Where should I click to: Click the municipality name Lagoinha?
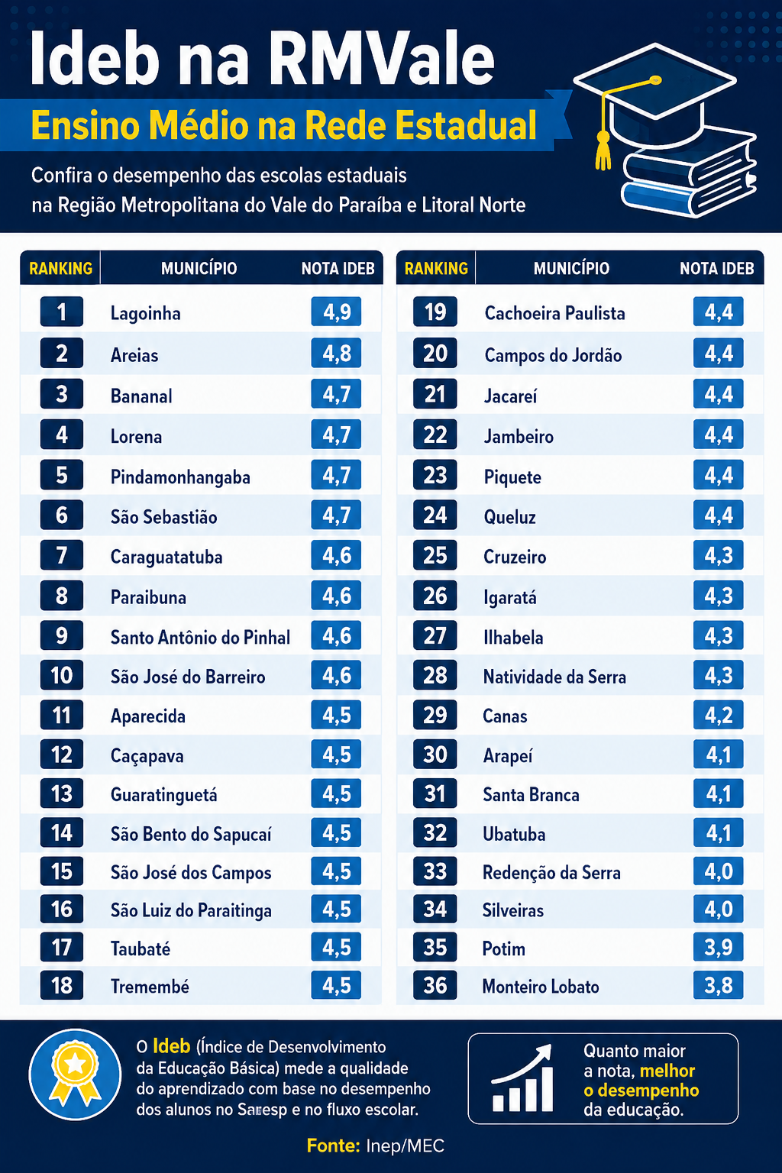pos(146,313)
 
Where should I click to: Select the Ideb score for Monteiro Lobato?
pos(718,986)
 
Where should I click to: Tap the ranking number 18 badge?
pos(61,986)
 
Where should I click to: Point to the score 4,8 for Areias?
pos(336,354)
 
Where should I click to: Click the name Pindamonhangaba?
pos(180,477)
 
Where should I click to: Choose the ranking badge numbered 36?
pos(435,986)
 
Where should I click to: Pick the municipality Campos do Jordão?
pos(553,355)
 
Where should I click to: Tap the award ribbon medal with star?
pos(75,1075)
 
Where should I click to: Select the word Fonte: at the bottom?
pos(333,1146)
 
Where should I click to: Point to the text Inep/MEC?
pos(405,1146)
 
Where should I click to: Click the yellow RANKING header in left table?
pos(61,269)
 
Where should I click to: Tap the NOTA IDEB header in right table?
pos(716,269)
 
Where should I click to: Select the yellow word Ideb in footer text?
pos(171,1046)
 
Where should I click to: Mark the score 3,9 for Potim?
pos(718,947)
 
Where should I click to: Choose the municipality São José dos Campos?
pos(191,872)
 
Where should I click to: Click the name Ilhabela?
pos(513,638)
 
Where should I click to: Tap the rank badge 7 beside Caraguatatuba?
pos(61,555)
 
